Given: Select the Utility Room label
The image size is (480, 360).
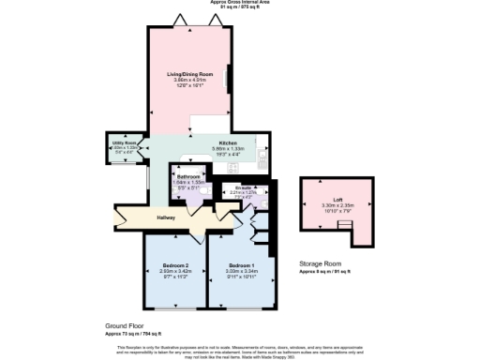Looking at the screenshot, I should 125,142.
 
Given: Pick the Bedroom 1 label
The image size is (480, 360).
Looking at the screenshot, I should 241,267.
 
